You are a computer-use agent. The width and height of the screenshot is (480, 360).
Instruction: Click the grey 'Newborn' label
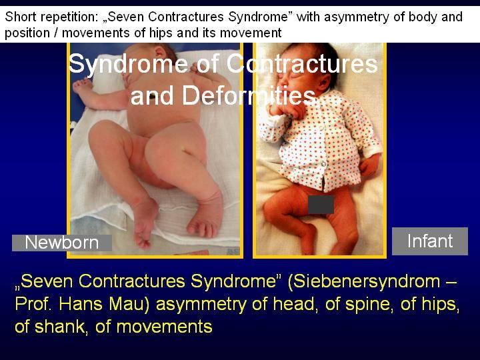(x=62, y=243)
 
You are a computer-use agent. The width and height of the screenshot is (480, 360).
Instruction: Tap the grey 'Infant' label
(x=430, y=241)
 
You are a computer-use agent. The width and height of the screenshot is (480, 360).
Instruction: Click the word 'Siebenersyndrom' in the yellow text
(x=364, y=281)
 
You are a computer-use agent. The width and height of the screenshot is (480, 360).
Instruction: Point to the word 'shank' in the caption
(x=60, y=327)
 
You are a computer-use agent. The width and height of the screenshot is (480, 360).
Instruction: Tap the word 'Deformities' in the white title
(x=248, y=95)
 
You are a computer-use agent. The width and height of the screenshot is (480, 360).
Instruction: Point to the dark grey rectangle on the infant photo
(x=321, y=205)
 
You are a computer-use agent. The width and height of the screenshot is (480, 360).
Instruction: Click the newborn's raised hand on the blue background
(x=82, y=85)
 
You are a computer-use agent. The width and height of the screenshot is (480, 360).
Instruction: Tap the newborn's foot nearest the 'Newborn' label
(x=143, y=222)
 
